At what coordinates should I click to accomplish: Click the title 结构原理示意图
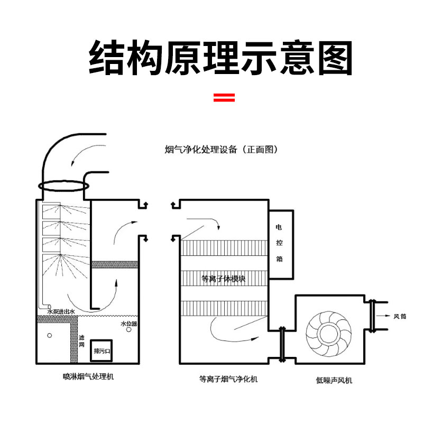pos(220,58)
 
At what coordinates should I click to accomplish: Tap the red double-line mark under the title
pos(224,97)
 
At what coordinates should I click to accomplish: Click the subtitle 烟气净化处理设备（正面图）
pos(221,150)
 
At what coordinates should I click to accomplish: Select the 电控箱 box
pos(280,244)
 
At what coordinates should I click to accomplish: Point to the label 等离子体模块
pos(224,279)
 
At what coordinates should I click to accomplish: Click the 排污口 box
pos(101,350)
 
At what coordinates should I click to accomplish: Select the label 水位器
pos(128,324)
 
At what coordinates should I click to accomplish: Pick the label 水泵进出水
pos(61,312)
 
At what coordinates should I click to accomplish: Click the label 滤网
pos(81,341)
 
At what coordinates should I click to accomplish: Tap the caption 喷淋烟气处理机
pos(88,377)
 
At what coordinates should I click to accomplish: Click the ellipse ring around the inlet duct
pos(62,186)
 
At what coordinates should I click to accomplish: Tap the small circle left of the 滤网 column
pos(50,335)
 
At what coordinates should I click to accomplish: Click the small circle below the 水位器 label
pos(131,335)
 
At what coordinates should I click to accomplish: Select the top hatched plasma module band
pos(224,247)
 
